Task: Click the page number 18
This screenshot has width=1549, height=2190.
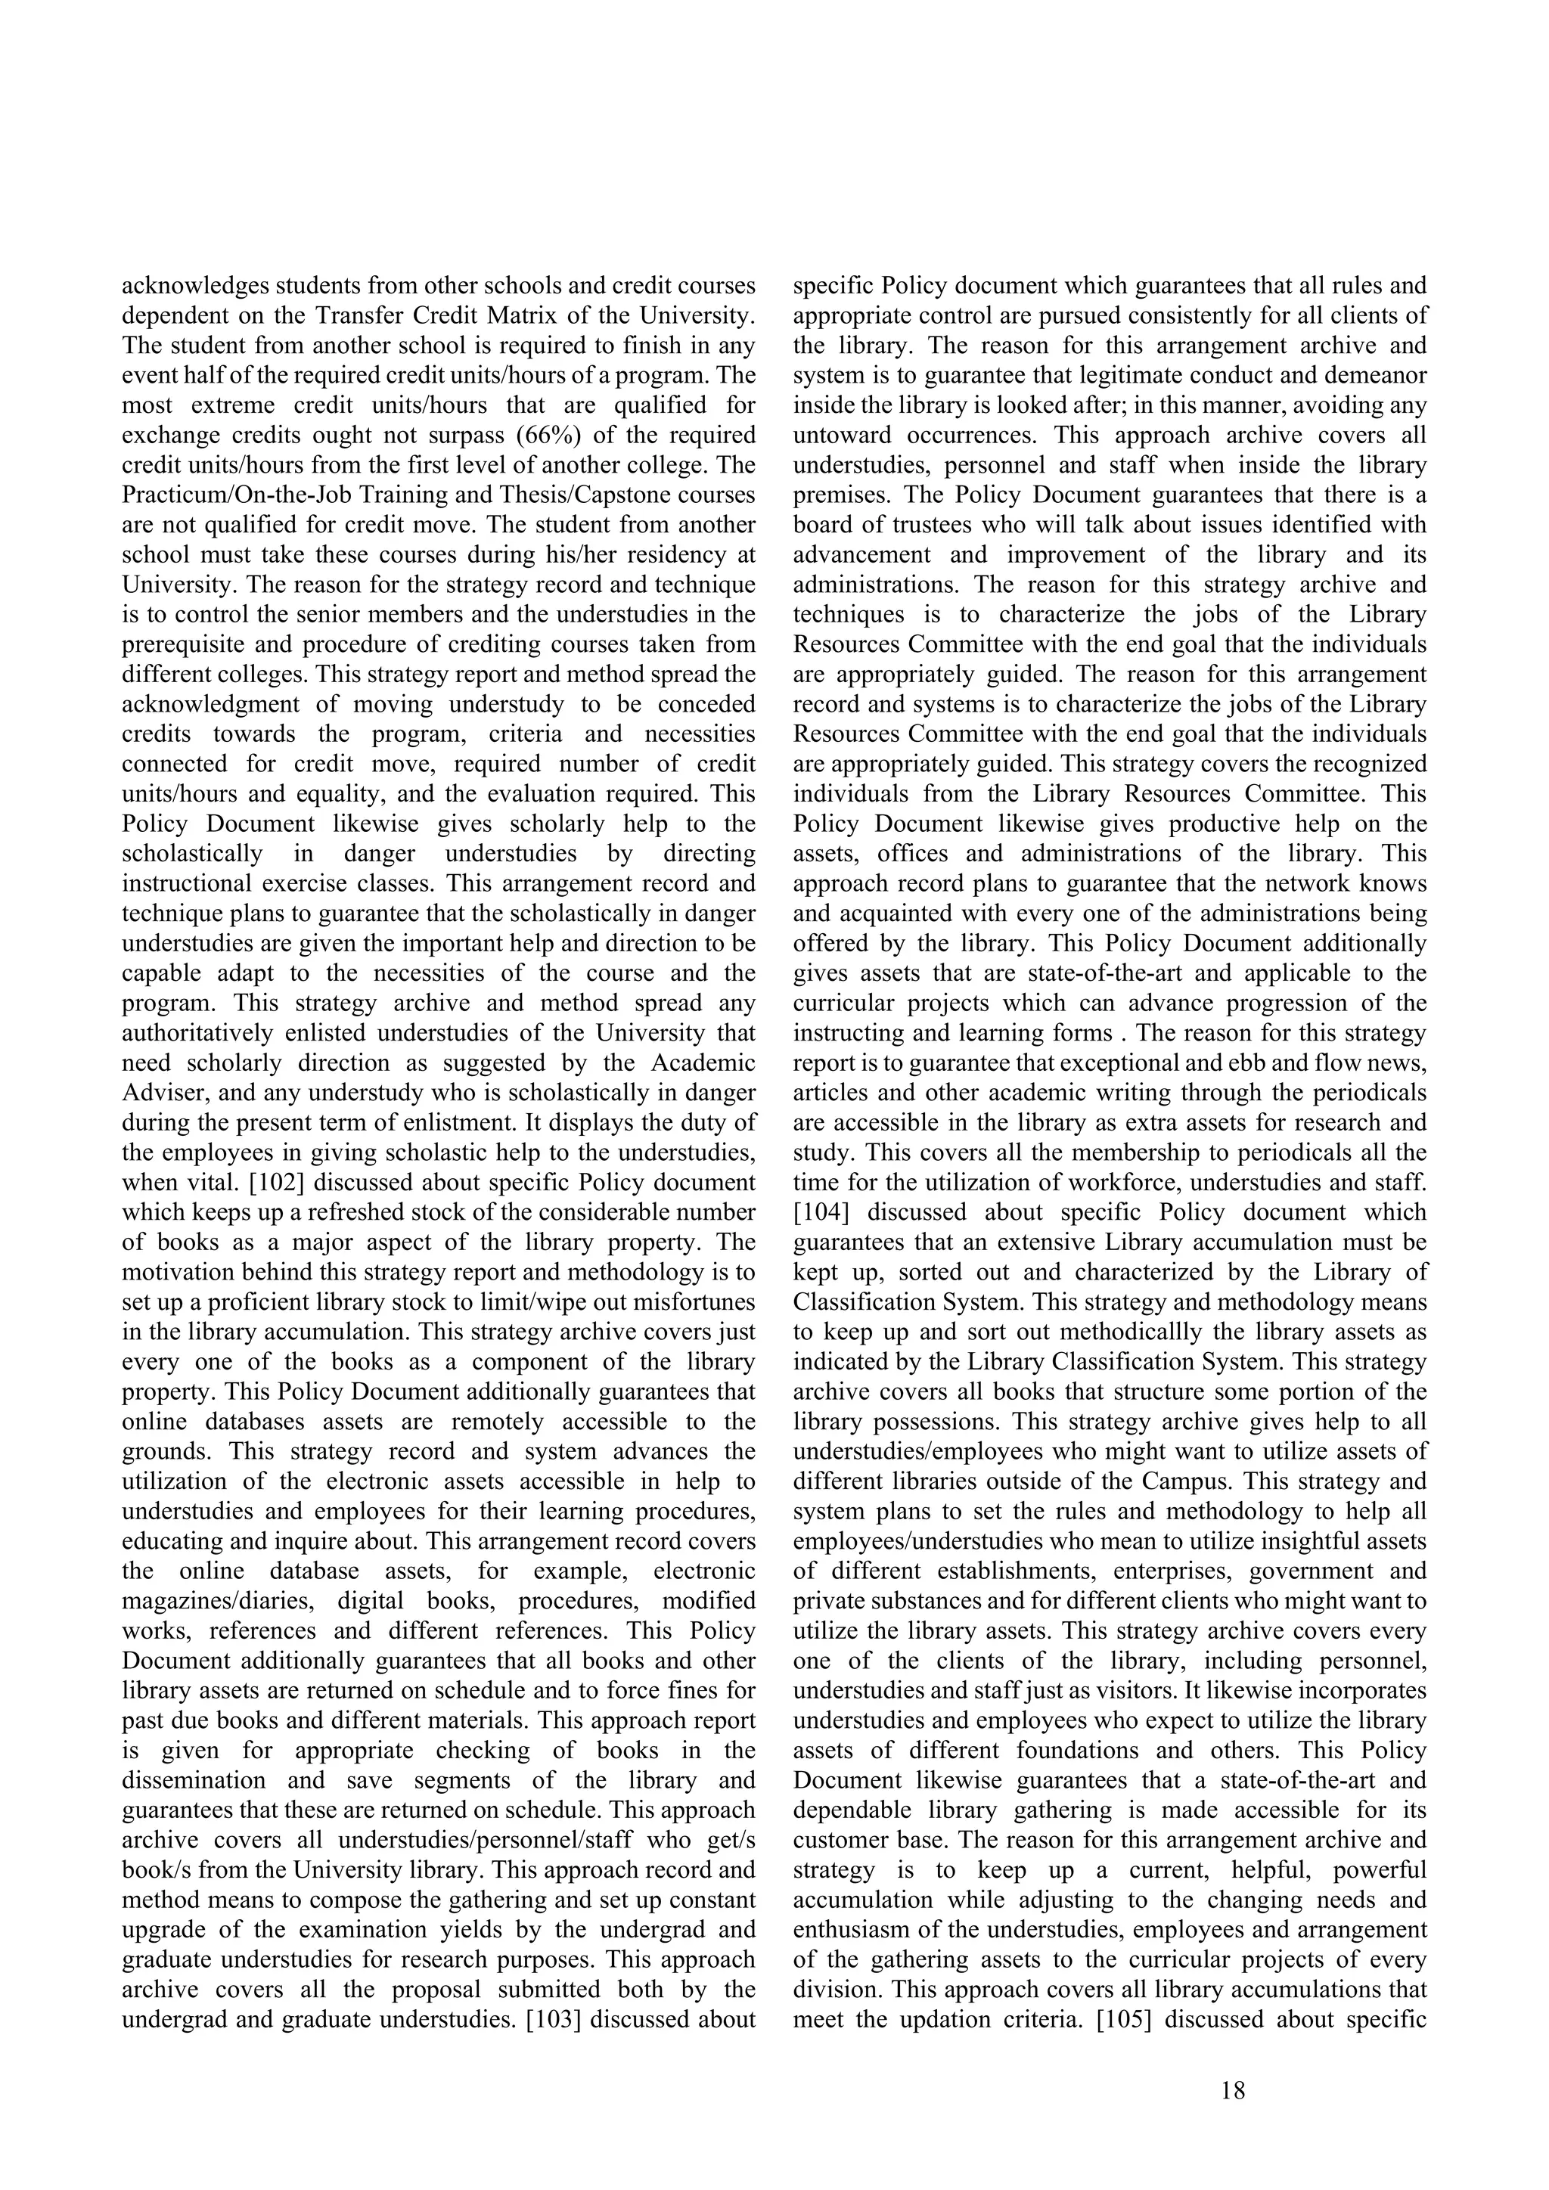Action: pos(1232,2091)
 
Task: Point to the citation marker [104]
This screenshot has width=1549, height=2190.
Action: pos(821,1212)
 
